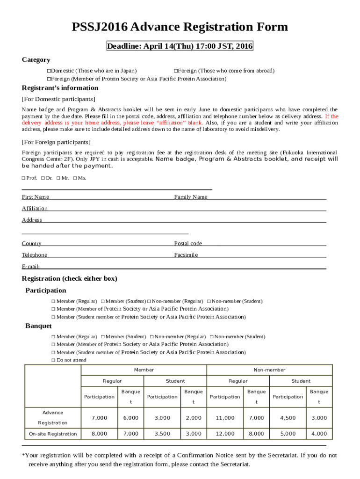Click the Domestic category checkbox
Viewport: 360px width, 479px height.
[x=49, y=71]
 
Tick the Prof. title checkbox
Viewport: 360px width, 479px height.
[x=24, y=178]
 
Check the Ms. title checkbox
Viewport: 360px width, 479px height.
[x=75, y=178]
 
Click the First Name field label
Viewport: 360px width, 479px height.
[x=36, y=197]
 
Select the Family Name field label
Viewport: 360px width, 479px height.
[x=191, y=197]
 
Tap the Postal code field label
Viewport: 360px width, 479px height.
[x=188, y=243]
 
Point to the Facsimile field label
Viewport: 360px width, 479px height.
[x=186, y=255]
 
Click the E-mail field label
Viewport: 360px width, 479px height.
[x=31, y=266]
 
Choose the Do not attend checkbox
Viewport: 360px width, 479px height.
[x=53, y=360]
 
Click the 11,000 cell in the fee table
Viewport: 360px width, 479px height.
[x=225, y=418]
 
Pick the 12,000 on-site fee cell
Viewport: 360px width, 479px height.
[x=225, y=434]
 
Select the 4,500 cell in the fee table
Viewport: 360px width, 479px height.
[x=288, y=418]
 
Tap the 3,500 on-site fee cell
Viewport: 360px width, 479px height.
[x=162, y=434]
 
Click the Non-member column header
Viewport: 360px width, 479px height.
[x=269, y=370]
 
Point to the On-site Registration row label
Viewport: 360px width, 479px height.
[x=53, y=434]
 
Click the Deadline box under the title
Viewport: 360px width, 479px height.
[x=180, y=46]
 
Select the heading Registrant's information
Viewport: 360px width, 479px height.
[x=60, y=88]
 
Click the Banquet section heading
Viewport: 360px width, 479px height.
[x=38, y=326]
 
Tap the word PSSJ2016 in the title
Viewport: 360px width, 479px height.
[x=99, y=27]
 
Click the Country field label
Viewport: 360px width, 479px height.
[x=31, y=243]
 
